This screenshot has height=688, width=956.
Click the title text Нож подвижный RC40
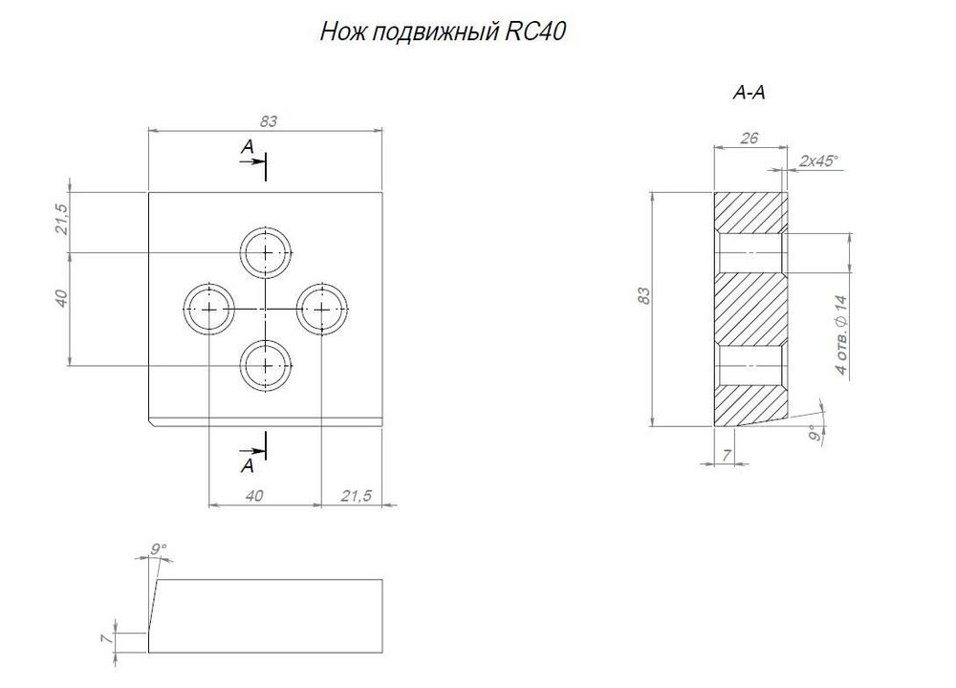[443, 32]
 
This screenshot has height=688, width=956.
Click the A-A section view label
[750, 94]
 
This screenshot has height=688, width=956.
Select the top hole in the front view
[266, 253]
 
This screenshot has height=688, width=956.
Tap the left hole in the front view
[208, 310]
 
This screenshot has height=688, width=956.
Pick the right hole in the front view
[323, 310]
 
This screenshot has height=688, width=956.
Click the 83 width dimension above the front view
[268, 121]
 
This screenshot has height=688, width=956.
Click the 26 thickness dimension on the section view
[750, 139]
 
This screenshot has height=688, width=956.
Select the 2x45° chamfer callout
[818, 161]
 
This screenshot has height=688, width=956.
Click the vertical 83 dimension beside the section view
[644, 297]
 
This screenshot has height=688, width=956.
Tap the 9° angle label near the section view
[814, 435]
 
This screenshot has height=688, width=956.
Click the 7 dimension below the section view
[728, 457]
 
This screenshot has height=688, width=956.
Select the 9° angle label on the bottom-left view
[159, 548]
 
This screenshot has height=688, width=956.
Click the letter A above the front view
[247, 147]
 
